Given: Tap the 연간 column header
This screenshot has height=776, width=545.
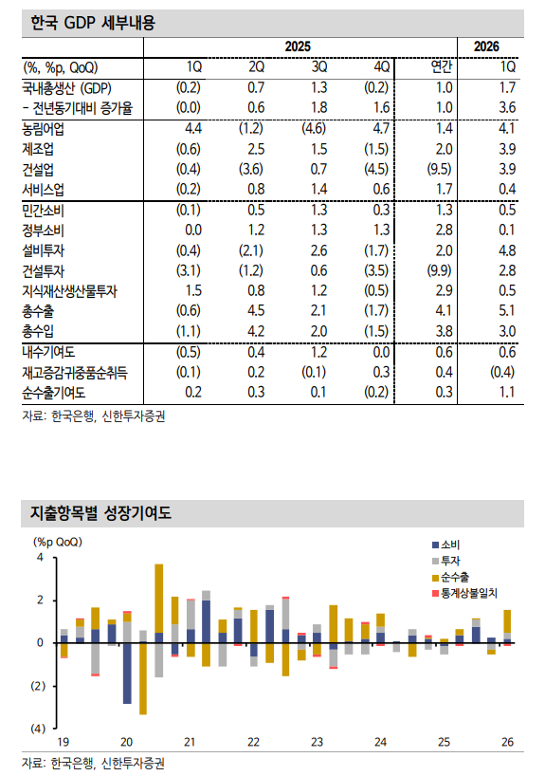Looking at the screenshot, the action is tap(442, 66).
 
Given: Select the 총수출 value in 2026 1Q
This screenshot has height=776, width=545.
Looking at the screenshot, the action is tap(505, 308).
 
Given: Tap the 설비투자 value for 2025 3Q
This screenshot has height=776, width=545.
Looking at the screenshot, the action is tap(318, 250).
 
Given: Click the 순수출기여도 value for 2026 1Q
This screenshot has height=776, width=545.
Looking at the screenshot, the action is tap(505, 391).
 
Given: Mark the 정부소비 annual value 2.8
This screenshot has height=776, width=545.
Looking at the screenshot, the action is tap(442, 231).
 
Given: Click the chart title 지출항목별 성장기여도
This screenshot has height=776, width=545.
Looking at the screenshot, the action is tap(101, 513).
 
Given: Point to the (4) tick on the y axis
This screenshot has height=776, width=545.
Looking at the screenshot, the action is tap(39, 729).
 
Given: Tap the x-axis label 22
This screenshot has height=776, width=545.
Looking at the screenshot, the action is tap(253, 741).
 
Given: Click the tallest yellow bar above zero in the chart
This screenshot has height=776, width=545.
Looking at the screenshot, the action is tap(158, 598).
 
